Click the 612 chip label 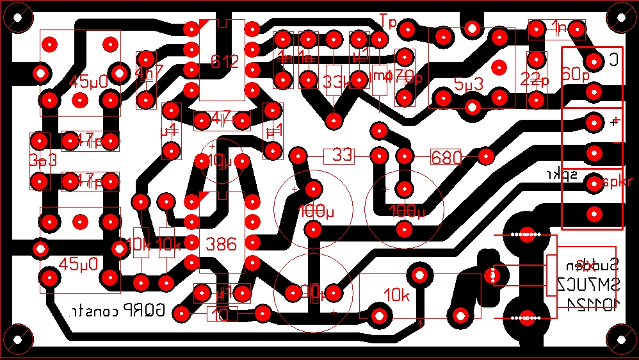[225, 62]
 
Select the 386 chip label [222, 244]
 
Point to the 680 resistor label [446, 158]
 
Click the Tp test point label [388, 20]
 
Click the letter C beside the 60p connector [613, 61]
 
